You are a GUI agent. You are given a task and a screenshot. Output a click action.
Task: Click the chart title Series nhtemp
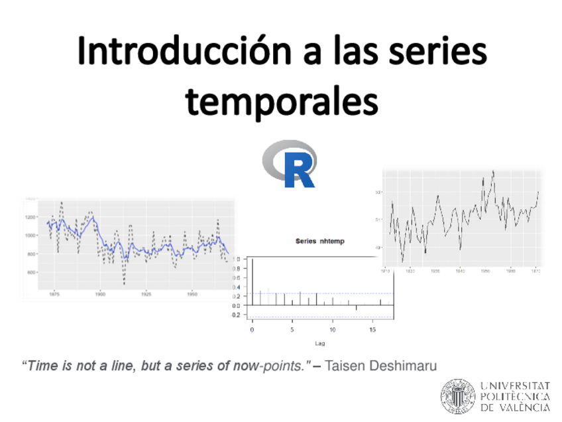[x=319, y=241]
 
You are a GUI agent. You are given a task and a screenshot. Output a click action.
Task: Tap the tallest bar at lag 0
[x=253, y=282]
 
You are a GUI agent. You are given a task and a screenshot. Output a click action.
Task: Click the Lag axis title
[x=319, y=343]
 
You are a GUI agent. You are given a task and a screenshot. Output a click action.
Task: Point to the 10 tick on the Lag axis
[x=333, y=329]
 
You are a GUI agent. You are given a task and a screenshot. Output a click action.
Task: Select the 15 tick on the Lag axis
[x=372, y=329]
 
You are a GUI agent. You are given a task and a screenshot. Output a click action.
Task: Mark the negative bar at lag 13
[x=357, y=308]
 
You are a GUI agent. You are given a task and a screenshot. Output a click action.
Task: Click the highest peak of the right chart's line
[x=493, y=172]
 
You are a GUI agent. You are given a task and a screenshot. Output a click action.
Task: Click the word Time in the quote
[x=39, y=366]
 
